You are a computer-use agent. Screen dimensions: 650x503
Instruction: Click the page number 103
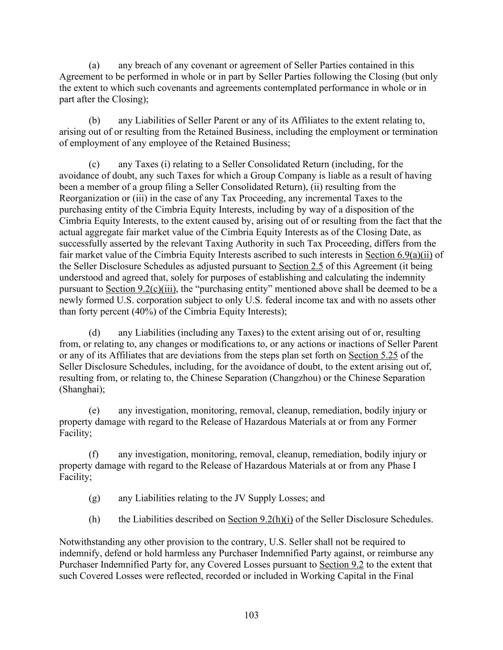(251, 615)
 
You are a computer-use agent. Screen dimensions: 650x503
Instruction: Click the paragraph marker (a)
(94, 65)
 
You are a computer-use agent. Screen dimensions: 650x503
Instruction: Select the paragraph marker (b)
(94, 120)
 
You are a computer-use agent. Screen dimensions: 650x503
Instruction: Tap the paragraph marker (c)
(94, 164)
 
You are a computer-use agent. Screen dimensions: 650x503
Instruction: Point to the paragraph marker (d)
(94, 332)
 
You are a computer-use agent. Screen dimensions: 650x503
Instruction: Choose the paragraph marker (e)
(94, 410)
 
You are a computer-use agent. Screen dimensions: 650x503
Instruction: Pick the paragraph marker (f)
(94, 454)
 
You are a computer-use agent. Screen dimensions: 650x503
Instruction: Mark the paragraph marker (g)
(94, 498)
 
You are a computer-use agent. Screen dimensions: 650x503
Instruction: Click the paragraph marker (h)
(94, 519)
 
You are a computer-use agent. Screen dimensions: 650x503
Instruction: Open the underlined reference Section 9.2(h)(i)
(260, 519)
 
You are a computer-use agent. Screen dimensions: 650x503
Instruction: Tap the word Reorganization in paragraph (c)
(90, 199)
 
